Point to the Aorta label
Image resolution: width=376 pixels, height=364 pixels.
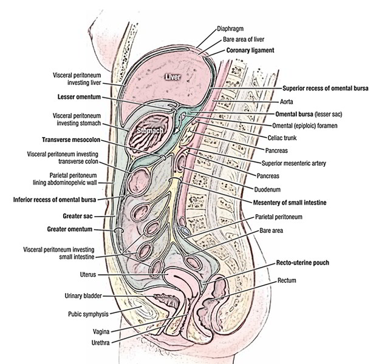pos(285,103)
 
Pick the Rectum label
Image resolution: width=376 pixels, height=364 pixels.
pos(286,281)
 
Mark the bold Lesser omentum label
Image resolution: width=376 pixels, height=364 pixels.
pos(75,96)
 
